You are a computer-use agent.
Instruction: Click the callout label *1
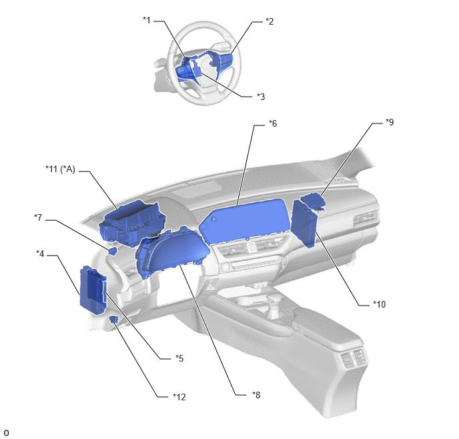click(x=147, y=20)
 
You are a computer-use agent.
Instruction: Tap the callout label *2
click(x=270, y=21)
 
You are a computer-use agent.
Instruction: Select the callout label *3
click(x=261, y=97)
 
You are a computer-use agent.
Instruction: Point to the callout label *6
click(x=273, y=123)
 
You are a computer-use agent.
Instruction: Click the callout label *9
click(x=390, y=122)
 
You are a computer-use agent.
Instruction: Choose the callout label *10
click(x=379, y=304)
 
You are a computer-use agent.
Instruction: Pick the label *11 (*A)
click(x=60, y=169)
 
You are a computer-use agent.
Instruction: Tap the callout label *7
click(x=38, y=217)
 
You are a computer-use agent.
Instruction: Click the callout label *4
click(x=40, y=254)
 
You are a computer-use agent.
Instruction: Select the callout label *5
click(x=179, y=358)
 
